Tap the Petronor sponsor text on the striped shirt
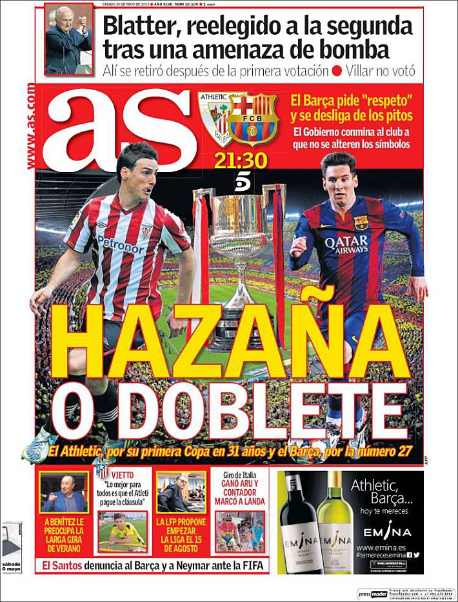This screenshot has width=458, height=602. (x=121, y=244)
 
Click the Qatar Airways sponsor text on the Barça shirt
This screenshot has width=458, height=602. (x=346, y=245)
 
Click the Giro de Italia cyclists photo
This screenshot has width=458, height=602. (x=240, y=532)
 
